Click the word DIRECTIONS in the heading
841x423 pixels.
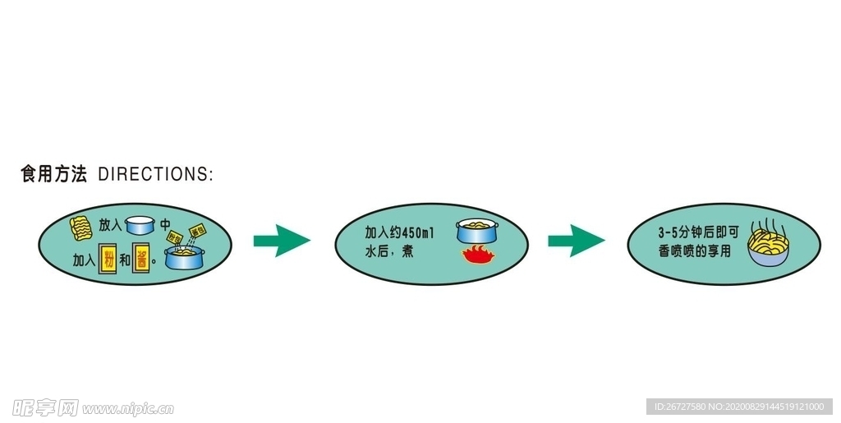coord(154,174)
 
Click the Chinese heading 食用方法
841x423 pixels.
coord(53,174)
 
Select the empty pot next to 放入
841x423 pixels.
coord(140,225)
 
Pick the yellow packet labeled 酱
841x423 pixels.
coord(142,260)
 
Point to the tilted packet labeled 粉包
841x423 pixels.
coord(175,237)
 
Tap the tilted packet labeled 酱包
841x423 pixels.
coord(197,230)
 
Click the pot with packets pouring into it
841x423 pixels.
coord(186,259)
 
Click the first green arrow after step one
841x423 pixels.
coord(281,240)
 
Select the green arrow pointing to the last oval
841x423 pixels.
coord(576,240)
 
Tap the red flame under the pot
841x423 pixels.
coord(476,255)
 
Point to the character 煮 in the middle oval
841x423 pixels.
coord(407,251)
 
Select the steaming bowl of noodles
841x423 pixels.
coord(768,248)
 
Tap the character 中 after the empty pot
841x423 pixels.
coord(165,225)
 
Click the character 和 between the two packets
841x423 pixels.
coord(125,260)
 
